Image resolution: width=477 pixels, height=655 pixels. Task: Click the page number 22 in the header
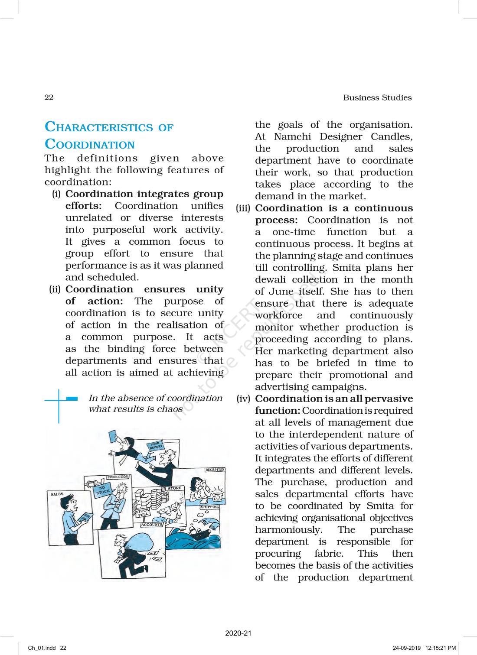[49, 97]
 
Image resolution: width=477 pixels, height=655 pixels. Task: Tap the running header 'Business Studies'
[377, 97]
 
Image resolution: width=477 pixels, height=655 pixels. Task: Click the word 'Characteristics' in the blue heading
[99, 127]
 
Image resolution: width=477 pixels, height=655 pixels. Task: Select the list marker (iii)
[243, 208]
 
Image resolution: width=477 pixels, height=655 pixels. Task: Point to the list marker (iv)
[243, 399]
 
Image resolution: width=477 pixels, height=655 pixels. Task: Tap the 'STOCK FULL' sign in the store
[143, 513]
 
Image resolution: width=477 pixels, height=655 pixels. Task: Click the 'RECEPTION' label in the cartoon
[215, 470]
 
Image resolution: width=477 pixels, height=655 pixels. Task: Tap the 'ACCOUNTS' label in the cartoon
[152, 525]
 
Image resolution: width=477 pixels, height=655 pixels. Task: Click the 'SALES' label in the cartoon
[57, 494]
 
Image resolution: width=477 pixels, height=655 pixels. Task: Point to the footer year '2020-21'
[238, 633]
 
